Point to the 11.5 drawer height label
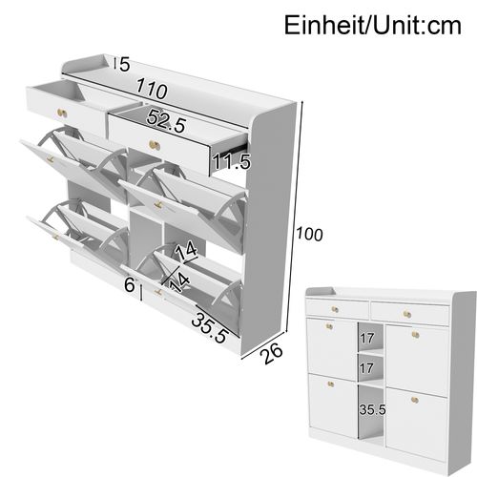[x=232, y=161]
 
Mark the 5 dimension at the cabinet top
[x=122, y=65]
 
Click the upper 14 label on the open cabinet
[x=188, y=250]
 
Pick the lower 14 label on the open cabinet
[x=177, y=281]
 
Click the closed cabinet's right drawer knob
[x=405, y=312]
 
